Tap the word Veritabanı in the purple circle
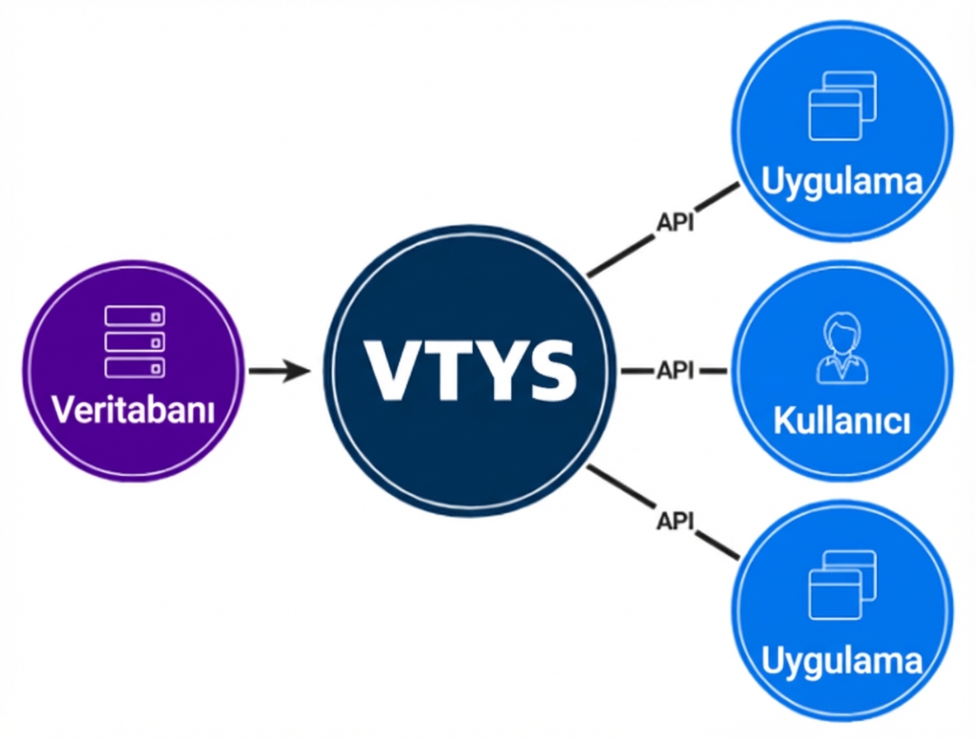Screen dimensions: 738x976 point(134,410)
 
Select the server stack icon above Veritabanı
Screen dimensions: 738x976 point(134,341)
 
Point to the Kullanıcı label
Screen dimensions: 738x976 point(842,423)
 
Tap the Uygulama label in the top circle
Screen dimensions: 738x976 point(842,182)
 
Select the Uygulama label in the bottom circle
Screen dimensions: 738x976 point(842,661)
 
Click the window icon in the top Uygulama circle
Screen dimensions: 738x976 point(842,105)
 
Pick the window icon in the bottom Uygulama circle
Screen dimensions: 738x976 point(842,584)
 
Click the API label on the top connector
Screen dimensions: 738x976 point(674,222)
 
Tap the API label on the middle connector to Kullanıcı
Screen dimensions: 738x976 point(674,371)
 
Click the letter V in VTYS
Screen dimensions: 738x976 point(390,370)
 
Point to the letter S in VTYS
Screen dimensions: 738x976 point(547,370)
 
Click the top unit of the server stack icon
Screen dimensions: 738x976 point(134,316)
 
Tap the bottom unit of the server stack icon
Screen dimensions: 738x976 point(134,367)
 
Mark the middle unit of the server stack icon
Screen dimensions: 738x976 point(134,341)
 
